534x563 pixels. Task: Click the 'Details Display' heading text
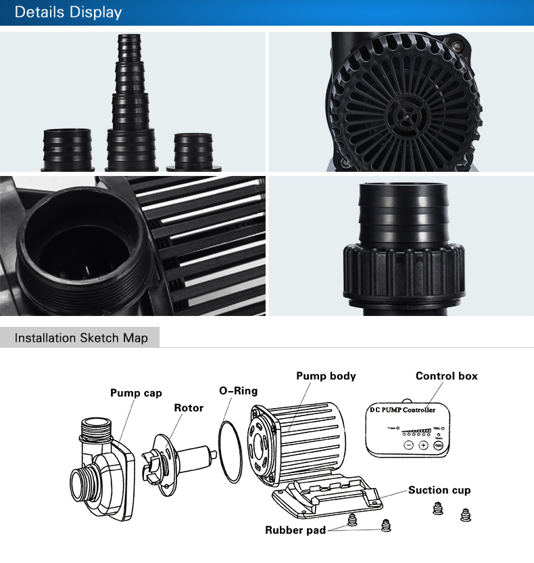(x=68, y=13)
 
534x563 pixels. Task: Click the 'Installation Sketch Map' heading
(x=81, y=338)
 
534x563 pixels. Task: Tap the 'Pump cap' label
(x=136, y=393)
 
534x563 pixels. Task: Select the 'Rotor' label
(x=189, y=408)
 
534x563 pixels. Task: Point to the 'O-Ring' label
(x=238, y=391)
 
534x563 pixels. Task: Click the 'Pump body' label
(x=326, y=376)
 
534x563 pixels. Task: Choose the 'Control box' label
(x=446, y=376)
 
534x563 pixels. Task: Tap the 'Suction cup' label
(x=439, y=490)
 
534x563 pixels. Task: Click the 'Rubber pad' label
(x=294, y=530)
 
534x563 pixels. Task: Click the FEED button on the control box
(x=439, y=445)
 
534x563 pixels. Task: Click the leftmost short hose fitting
(x=66, y=149)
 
